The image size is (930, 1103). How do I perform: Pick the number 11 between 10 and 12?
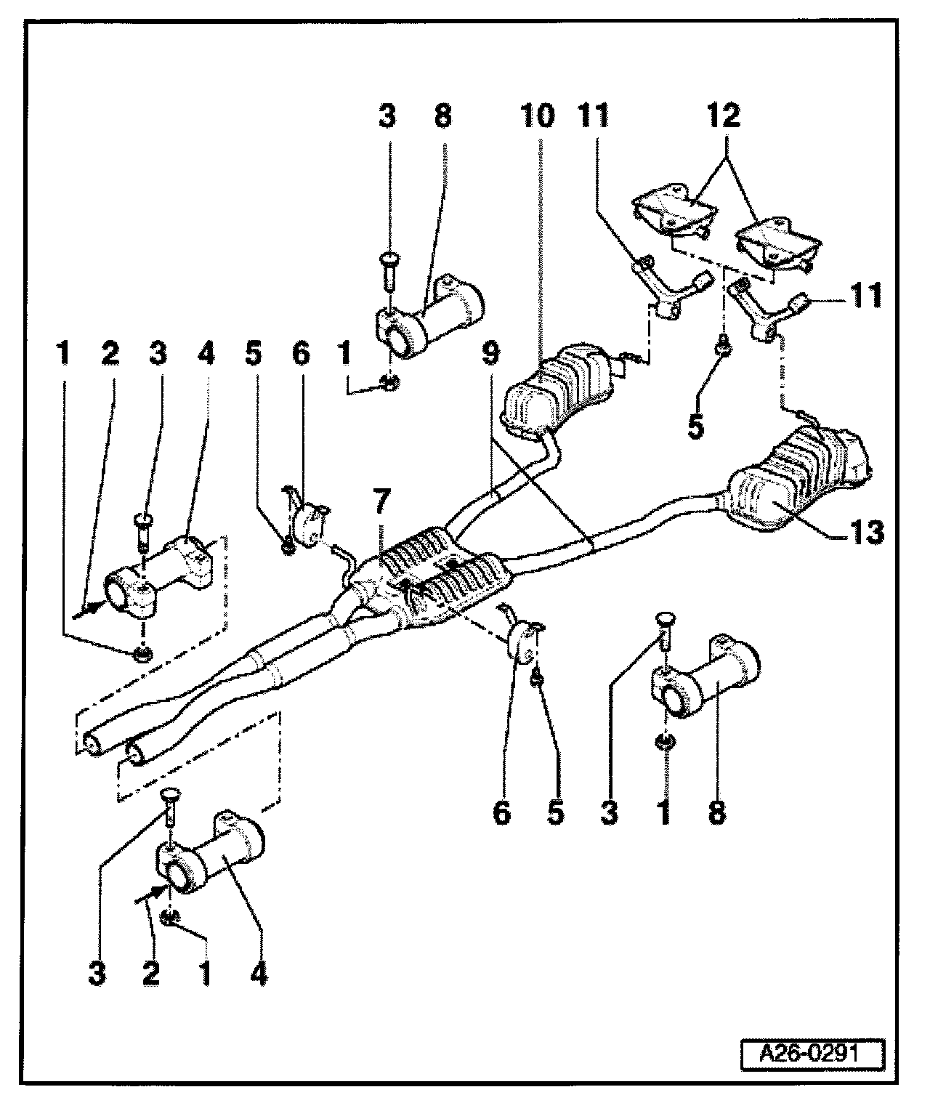click(594, 116)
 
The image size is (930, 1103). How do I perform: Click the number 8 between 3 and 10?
click(442, 116)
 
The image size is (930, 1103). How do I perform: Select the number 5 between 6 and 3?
click(555, 813)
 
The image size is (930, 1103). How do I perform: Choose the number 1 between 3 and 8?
click(664, 813)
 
